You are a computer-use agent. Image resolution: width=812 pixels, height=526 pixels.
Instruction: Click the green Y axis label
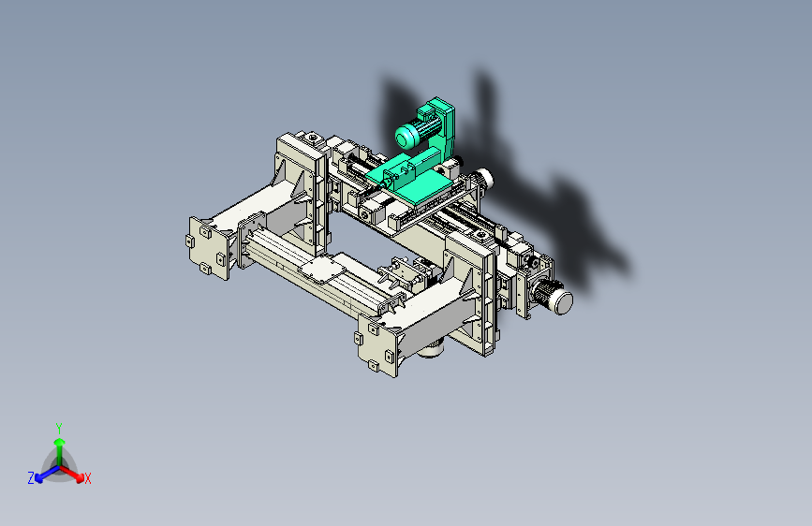(x=59, y=428)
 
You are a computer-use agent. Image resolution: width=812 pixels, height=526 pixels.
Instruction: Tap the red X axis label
(x=87, y=478)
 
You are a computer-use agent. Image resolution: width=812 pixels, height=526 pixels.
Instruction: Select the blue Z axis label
(x=31, y=478)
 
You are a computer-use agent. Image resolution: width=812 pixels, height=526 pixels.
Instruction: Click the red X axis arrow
(x=71, y=474)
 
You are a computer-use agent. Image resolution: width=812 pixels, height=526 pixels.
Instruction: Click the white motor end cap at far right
(x=564, y=301)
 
